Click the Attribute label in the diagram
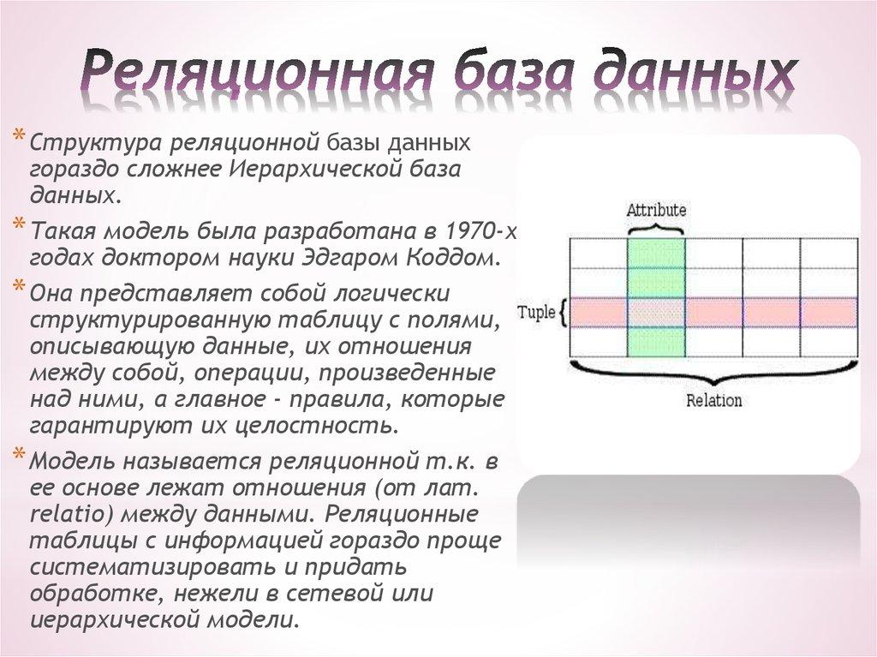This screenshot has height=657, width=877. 656,210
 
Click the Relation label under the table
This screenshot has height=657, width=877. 713,400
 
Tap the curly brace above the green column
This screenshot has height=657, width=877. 656,228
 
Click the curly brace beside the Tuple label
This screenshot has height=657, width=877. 562,312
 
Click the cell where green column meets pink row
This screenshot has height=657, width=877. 656,312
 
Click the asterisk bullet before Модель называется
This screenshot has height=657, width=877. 19,455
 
